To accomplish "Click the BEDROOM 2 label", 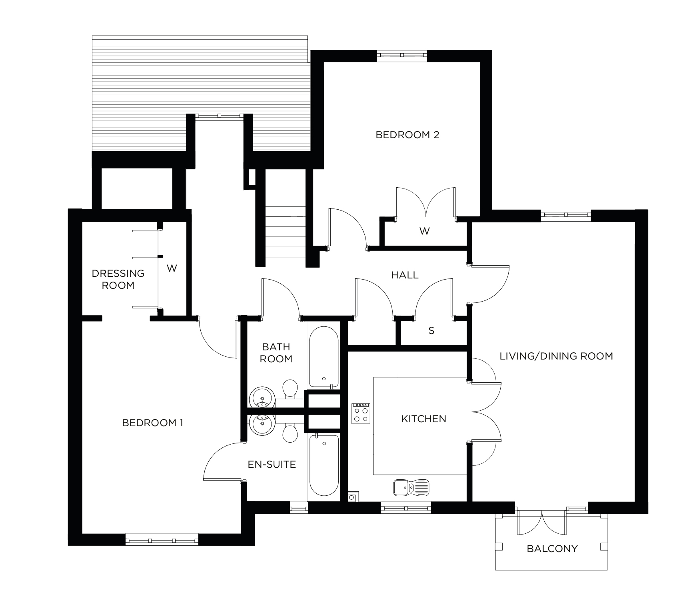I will [407, 135].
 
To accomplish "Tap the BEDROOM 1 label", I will [152, 423].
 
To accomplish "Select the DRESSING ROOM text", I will [118, 279].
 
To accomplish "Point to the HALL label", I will [405, 275].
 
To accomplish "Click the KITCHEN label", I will [423, 419].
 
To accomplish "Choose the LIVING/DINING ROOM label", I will [556, 356].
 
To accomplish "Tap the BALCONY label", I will [552, 548].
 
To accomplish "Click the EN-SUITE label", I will [272, 464].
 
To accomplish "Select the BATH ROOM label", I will [276, 353].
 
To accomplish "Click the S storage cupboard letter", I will [431, 331].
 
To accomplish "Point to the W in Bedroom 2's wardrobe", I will [424, 231].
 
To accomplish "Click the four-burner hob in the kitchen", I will [361, 413].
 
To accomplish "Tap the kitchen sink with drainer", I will [411, 487].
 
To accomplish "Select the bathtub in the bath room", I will [324, 357].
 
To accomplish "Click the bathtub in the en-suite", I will [324, 465].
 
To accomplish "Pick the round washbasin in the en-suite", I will [262, 425].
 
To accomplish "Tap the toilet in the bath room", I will [290, 389].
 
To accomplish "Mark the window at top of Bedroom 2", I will [402, 56].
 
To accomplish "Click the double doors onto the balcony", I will [541, 522].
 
